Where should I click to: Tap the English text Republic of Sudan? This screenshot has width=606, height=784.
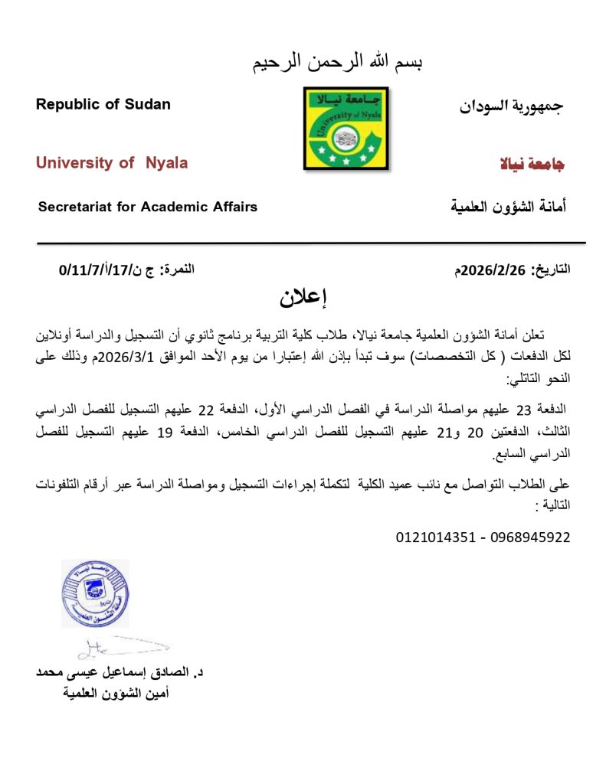103,104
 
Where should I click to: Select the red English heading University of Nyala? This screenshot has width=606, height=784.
112,163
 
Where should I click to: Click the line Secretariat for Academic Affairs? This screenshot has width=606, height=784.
148,207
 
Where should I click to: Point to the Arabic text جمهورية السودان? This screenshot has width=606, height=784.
510,106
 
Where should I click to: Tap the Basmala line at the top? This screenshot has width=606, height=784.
339,63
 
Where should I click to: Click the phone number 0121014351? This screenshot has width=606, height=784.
431,537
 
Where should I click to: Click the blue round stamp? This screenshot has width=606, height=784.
95,594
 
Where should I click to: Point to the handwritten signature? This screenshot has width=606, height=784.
115,648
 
